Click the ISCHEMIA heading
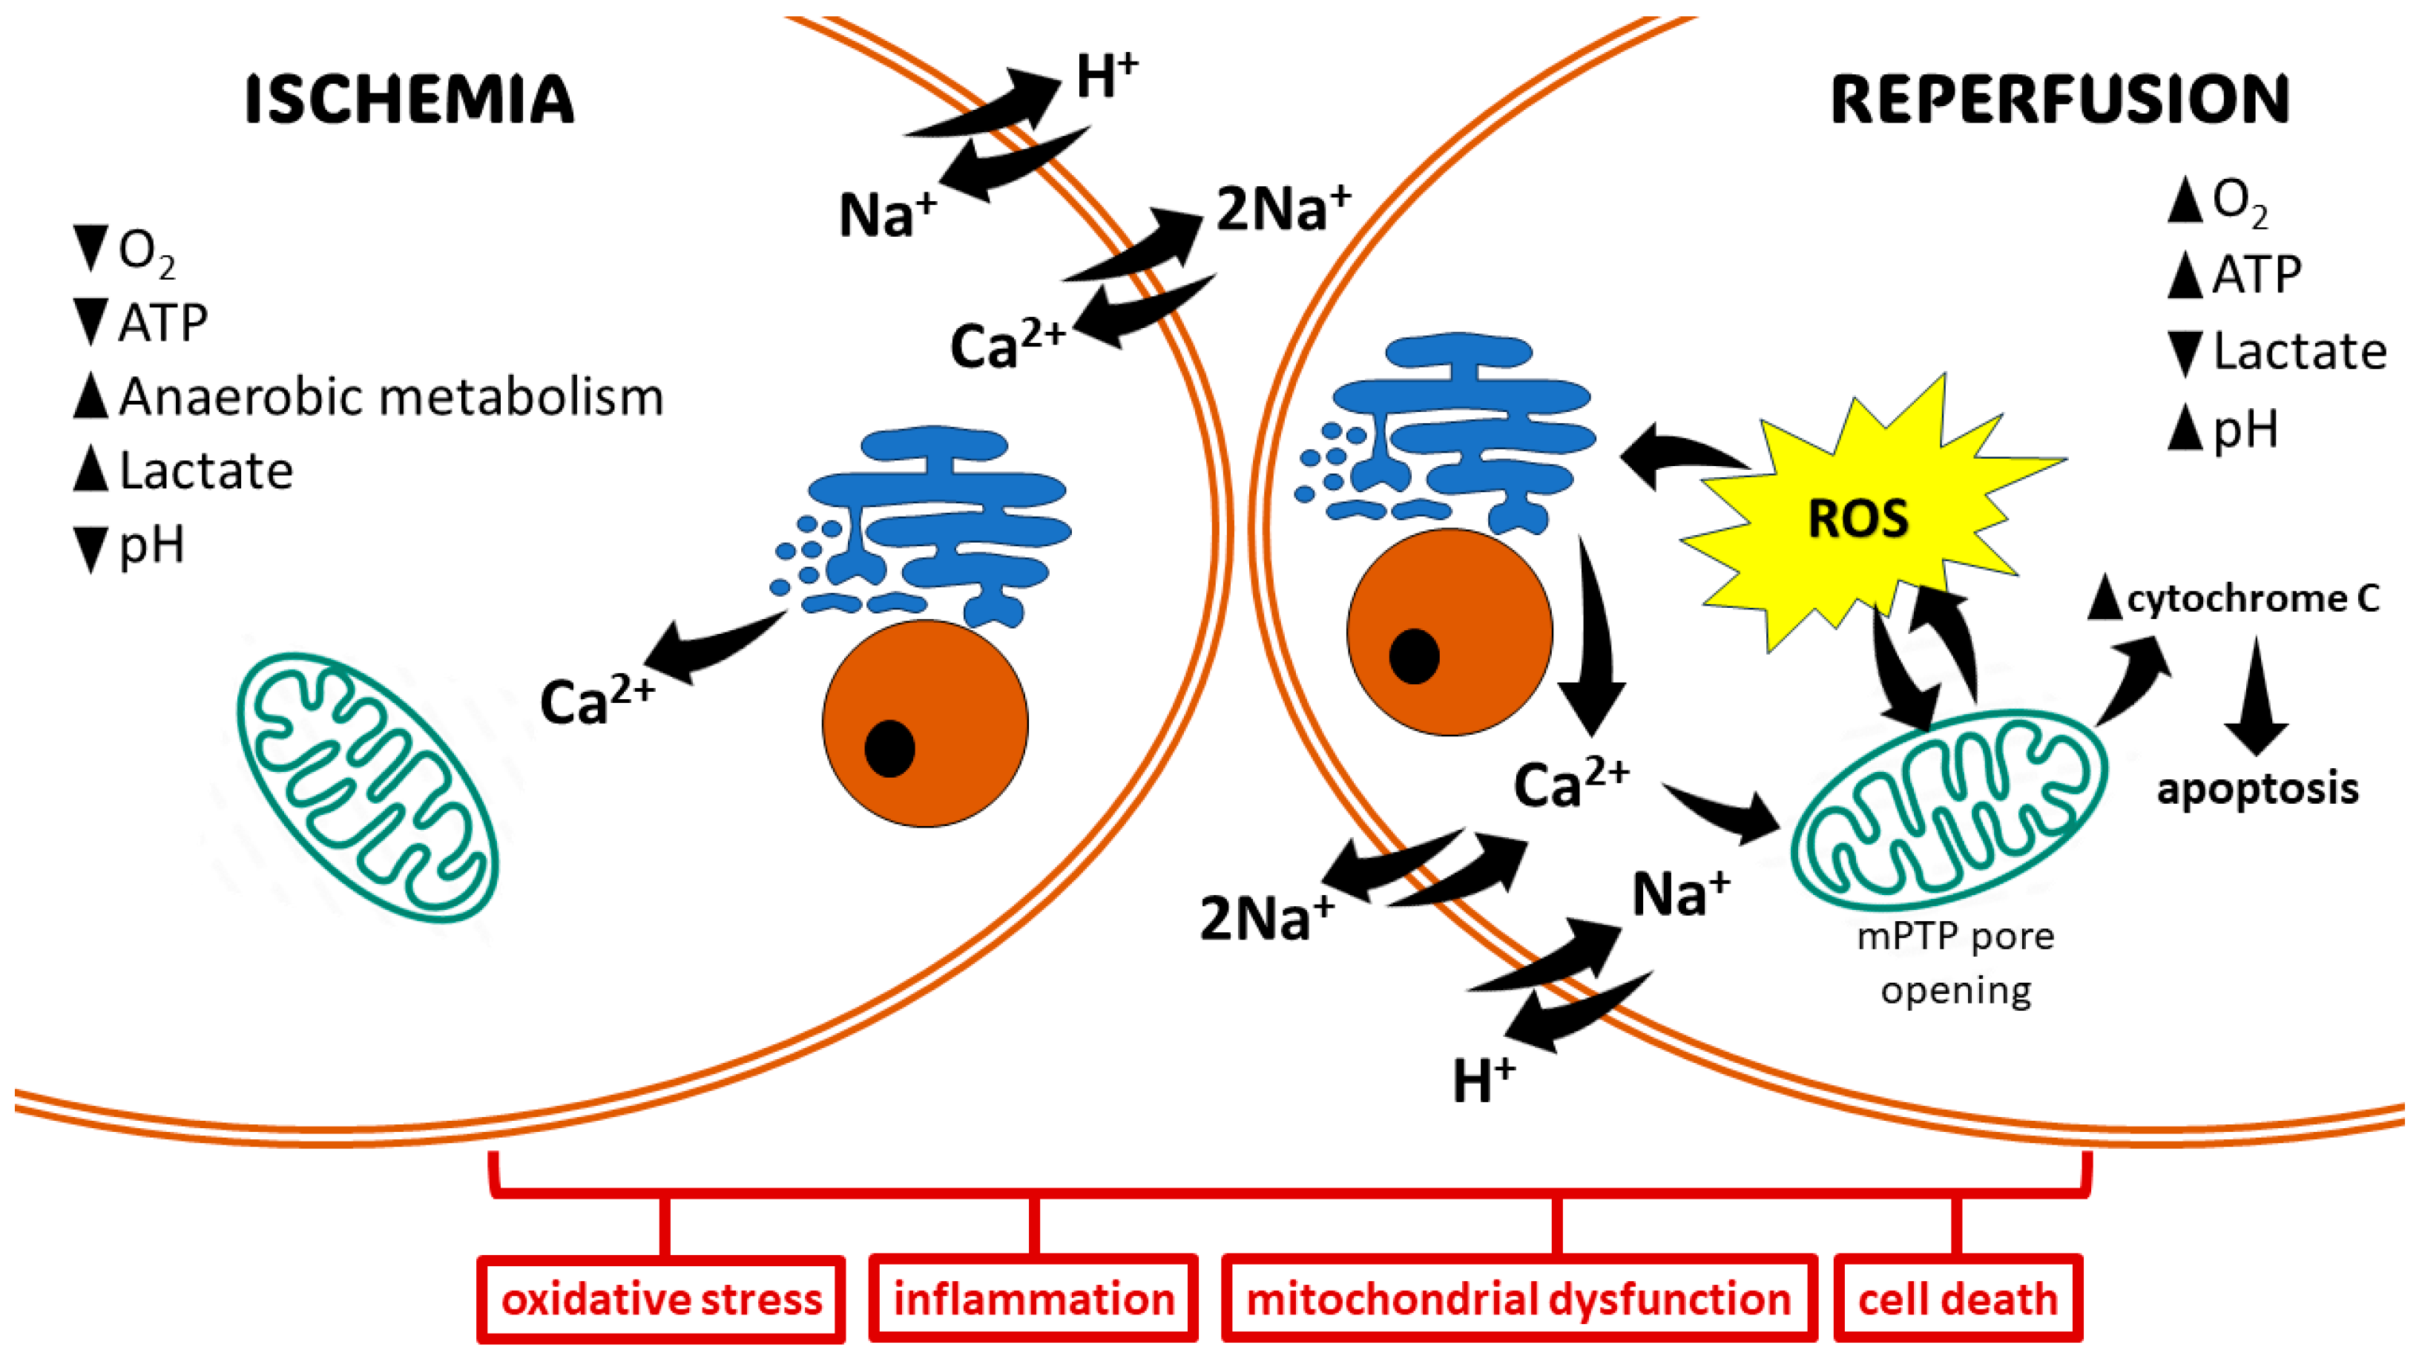(409, 99)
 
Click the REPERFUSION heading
(2059, 99)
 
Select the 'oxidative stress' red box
(661, 1299)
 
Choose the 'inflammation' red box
(1033, 1299)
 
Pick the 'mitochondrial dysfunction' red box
(1518, 1299)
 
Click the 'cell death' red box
(1958, 1299)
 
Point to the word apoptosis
(2257, 788)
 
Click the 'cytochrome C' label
(2252, 598)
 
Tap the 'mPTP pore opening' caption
(1955, 963)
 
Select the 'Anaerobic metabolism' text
(390, 396)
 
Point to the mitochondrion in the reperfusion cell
(1948, 809)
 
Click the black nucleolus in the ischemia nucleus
(889, 749)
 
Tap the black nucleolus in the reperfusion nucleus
(1413, 655)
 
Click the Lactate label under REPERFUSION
(2299, 352)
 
